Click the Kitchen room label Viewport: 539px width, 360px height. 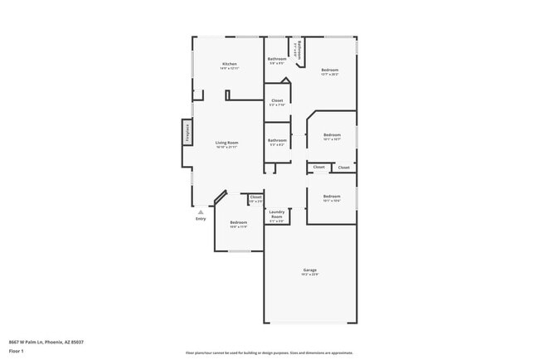pos(230,64)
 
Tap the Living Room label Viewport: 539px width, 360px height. pos(227,143)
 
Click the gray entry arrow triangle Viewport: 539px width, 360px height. pos(200,212)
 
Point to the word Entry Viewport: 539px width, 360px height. pos(201,219)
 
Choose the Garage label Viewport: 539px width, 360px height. pos(310,270)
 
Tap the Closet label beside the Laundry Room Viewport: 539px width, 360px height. pos(255,197)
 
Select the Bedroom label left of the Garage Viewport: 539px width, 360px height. pos(239,221)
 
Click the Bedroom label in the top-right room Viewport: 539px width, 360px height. pos(330,70)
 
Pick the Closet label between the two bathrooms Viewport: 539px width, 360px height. pos(277,100)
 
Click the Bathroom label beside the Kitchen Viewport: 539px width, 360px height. pos(277,59)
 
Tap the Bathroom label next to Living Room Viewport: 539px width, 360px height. pos(277,140)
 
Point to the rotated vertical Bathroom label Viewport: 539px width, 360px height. pos(300,49)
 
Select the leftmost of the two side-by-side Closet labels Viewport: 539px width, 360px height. pos(319,168)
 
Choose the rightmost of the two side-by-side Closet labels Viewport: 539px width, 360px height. pos(343,168)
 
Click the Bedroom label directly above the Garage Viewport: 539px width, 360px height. pos(332,196)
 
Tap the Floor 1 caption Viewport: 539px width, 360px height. pos(17,352)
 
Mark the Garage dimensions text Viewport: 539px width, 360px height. pos(310,275)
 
